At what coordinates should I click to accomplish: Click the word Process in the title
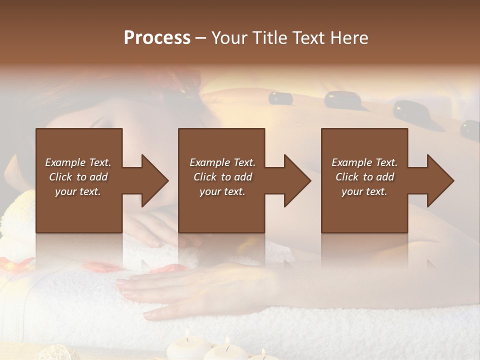pyautogui.click(x=157, y=38)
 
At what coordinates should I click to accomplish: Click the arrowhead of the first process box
pyautogui.click(x=155, y=181)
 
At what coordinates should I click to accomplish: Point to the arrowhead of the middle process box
pyautogui.click(x=297, y=181)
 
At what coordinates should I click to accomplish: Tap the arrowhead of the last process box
pyautogui.click(x=440, y=181)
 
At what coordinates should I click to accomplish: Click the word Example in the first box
pyautogui.click(x=65, y=162)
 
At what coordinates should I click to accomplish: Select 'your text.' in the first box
pyautogui.click(x=78, y=191)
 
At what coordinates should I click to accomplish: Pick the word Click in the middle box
pyautogui.click(x=204, y=177)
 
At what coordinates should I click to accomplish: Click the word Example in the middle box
pyautogui.click(x=209, y=162)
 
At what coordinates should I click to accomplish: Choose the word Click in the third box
pyautogui.click(x=347, y=177)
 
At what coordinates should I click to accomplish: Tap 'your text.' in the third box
pyautogui.click(x=364, y=191)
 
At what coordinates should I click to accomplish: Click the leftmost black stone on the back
pyautogui.click(x=280, y=97)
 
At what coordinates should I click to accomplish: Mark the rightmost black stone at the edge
pyautogui.click(x=470, y=129)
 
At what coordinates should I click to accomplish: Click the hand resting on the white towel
pyautogui.click(x=160, y=285)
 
